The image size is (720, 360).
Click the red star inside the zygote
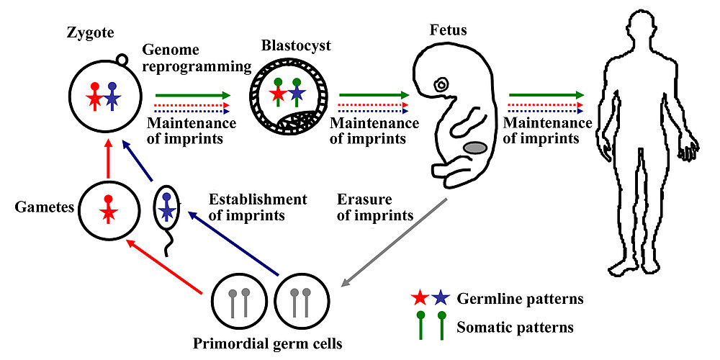point(94,99)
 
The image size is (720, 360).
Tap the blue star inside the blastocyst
point(297,94)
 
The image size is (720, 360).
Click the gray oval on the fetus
point(477,148)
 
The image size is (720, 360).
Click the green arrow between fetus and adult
point(545,94)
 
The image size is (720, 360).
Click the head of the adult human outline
point(648,36)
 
